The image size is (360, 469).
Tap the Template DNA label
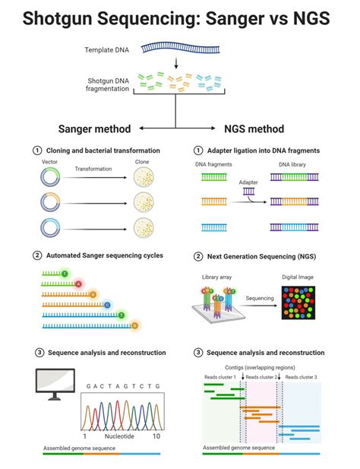pos(106,51)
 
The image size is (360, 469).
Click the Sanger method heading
pos(94,128)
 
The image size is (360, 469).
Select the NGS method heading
pos(255,128)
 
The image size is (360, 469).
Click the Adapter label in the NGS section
pos(248,183)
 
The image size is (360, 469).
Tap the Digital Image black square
pos(302,302)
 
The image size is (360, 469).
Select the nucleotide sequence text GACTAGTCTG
pos(123,386)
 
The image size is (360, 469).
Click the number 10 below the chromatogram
pos(156,437)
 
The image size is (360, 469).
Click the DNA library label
pos(293,164)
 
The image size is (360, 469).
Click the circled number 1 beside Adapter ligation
pos(199,150)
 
